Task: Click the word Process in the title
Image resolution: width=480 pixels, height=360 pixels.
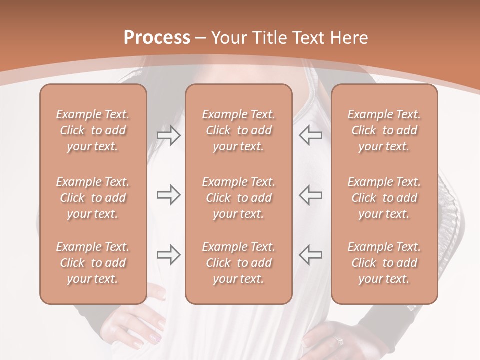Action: click(x=157, y=38)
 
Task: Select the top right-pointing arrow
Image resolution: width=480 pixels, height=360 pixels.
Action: click(x=169, y=136)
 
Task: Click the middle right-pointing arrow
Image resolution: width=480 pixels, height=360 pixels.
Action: click(x=169, y=195)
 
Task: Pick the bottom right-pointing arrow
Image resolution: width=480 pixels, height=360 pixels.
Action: click(x=169, y=255)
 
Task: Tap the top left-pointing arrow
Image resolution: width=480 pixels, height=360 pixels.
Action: click(x=311, y=136)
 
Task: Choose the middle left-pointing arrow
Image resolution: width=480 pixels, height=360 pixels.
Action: click(x=311, y=195)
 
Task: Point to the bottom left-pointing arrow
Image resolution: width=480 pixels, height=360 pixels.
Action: click(x=311, y=255)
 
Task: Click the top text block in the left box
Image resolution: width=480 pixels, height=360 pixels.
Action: click(x=93, y=130)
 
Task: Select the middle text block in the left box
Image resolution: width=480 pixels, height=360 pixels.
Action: click(x=93, y=198)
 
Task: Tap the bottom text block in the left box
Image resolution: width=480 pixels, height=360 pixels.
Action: click(x=93, y=263)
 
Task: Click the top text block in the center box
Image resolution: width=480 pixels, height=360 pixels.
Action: click(x=239, y=130)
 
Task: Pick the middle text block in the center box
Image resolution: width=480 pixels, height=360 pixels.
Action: click(x=239, y=198)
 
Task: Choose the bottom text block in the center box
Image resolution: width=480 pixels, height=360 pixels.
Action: click(x=239, y=263)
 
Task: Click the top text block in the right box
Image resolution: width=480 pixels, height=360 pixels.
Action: click(x=384, y=130)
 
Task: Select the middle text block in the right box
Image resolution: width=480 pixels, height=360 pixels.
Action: click(x=384, y=198)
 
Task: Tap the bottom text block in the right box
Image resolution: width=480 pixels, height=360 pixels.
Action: click(x=384, y=263)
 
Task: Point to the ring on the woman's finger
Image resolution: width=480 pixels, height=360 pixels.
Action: click(x=339, y=341)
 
